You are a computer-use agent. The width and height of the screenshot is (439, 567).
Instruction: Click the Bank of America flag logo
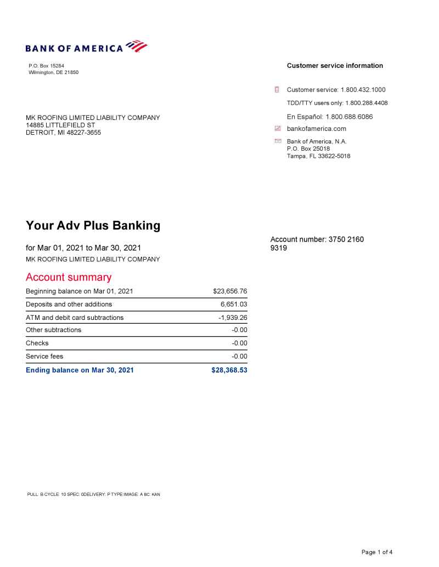[137, 46]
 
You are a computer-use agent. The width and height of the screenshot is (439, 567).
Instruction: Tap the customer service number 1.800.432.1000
[363, 90]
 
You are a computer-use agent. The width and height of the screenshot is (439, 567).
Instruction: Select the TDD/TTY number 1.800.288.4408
[367, 102]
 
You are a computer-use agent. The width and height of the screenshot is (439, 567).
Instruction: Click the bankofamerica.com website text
[317, 129]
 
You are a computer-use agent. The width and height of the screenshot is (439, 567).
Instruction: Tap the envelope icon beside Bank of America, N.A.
[278, 141]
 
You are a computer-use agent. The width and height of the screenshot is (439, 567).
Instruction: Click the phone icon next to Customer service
[278, 90]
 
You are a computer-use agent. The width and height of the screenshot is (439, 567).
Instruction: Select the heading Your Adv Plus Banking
[93, 225]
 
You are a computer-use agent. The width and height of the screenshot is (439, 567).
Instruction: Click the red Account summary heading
[69, 277]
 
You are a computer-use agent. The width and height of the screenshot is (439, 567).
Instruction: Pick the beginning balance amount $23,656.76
[230, 291]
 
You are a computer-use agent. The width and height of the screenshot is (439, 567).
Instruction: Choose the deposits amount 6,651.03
[234, 305]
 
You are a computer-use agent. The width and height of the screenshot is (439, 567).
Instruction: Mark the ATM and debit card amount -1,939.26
[233, 318]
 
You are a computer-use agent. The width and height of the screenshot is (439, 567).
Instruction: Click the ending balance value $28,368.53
[229, 370]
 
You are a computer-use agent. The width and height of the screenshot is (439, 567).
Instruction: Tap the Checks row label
[37, 343]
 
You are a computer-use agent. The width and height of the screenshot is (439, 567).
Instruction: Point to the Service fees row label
[44, 357]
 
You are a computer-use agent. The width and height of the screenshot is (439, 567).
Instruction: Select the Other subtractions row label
[54, 330]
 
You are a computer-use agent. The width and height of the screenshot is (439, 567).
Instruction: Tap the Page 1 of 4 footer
[377, 552]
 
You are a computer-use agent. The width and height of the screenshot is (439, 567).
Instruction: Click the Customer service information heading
[335, 66]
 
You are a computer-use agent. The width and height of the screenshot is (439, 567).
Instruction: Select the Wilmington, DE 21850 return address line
[54, 72]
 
